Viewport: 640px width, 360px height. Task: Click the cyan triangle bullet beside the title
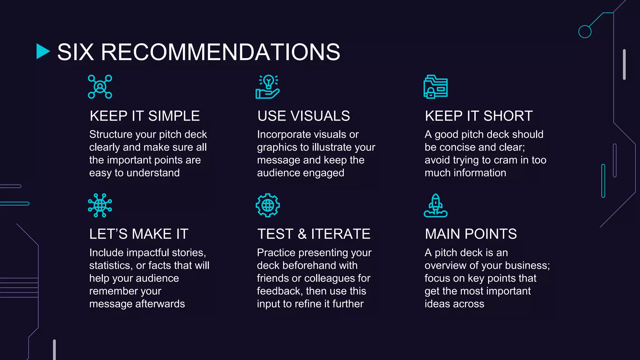(x=43, y=51)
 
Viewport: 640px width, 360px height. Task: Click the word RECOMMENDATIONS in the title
(x=220, y=52)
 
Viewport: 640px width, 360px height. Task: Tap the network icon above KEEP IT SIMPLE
(x=100, y=87)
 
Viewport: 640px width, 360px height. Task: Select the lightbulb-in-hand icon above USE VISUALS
(x=267, y=87)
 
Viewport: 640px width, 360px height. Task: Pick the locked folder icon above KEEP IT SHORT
(x=435, y=87)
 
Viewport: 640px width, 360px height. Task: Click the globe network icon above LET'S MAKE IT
(x=100, y=205)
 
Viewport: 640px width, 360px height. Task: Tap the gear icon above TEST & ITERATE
(x=267, y=205)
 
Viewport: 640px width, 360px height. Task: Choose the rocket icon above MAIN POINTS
(x=435, y=205)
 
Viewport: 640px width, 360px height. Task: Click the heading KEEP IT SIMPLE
(x=145, y=116)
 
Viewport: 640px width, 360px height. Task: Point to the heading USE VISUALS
(x=303, y=116)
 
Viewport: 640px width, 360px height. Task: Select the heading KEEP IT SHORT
(x=479, y=116)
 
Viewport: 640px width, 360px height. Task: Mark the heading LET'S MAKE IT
(x=139, y=234)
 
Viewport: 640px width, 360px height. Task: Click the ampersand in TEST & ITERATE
(x=302, y=234)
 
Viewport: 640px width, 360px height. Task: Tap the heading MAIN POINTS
(x=471, y=234)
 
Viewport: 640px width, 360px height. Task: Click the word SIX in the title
(x=76, y=52)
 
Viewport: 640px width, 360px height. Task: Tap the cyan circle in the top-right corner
(x=585, y=32)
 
